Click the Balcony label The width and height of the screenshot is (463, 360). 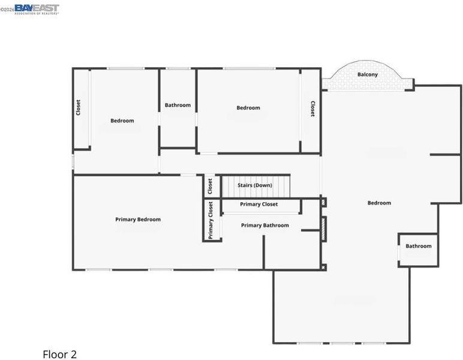(367, 74)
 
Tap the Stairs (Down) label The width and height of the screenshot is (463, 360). (255, 185)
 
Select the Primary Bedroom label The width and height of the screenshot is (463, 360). (138, 220)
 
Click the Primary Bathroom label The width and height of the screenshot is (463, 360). (265, 226)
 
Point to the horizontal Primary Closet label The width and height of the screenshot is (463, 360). (258, 204)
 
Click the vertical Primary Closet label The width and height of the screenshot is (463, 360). (211, 220)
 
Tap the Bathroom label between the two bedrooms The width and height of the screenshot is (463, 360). (178, 105)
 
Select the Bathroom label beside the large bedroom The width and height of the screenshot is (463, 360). (419, 246)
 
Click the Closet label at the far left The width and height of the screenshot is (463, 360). (78, 107)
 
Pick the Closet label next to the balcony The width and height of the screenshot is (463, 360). (312, 109)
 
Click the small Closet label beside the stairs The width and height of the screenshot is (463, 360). (210, 187)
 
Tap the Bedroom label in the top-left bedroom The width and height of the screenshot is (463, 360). (122, 121)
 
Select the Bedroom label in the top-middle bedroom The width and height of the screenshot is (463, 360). (248, 108)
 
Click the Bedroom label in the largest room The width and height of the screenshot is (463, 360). (379, 203)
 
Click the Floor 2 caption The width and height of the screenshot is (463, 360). (59, 355)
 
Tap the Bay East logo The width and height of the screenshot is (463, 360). (37, 9)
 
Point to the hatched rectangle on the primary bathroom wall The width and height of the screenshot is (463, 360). (323, 229)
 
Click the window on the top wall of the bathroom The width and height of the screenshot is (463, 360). (178, 68)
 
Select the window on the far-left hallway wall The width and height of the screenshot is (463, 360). (73, 162)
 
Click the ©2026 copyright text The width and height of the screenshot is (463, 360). (7, 10)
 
